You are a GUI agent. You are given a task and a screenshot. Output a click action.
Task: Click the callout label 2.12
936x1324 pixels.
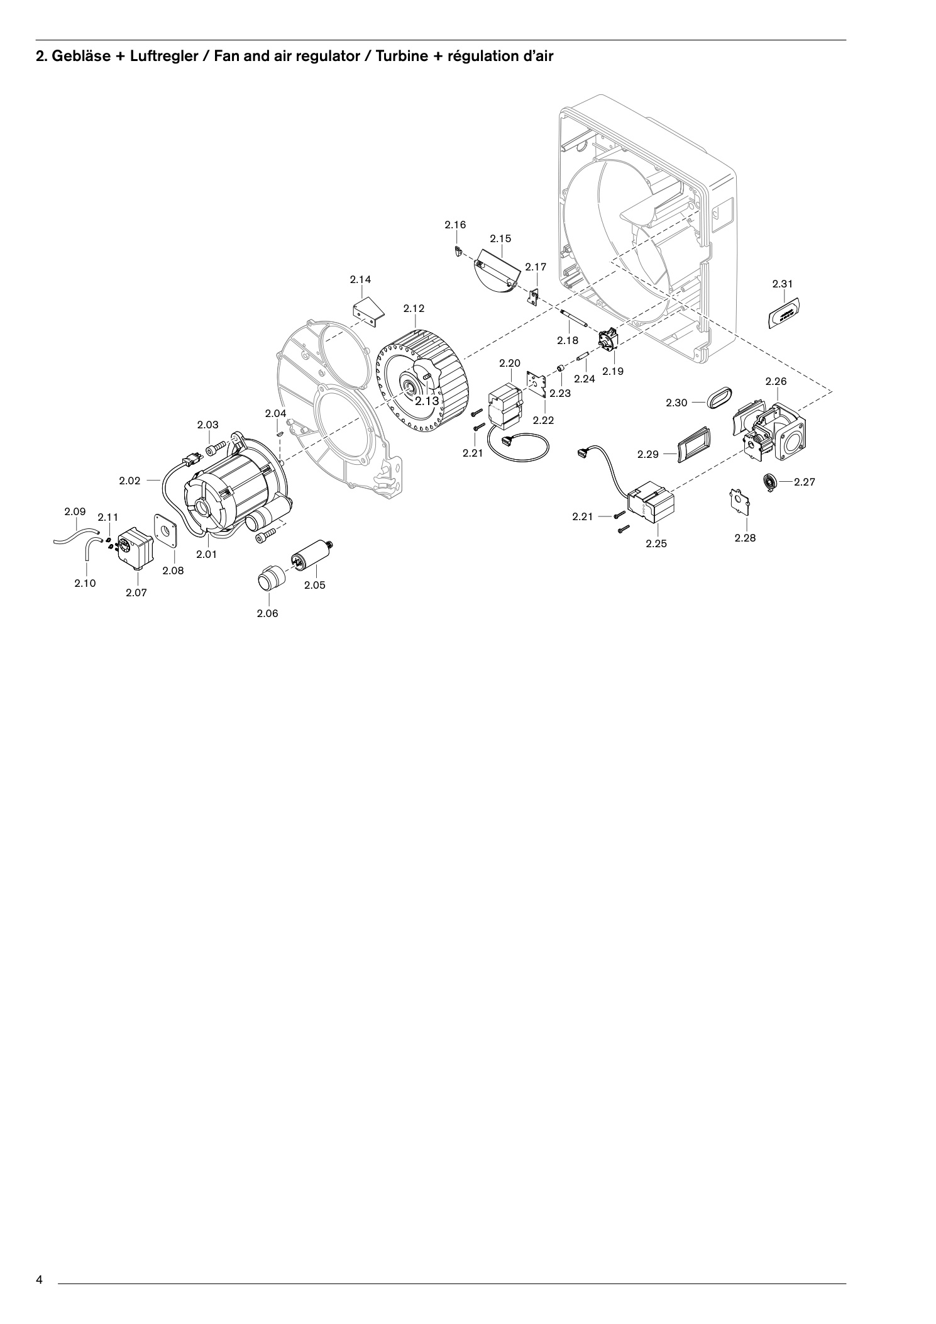click(x=414, y=308)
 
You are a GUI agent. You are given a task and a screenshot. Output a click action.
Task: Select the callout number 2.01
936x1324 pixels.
click(x=206, y=554)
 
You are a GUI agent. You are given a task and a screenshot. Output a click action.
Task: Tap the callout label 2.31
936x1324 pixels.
click(x=783, y=284)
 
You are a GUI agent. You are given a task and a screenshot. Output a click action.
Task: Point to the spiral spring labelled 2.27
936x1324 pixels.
click(x=771, y=482)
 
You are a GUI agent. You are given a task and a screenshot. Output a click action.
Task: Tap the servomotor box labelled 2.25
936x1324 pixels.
click(x=651, y=503)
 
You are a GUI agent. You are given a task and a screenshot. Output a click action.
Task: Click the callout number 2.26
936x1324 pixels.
click(x=776, y=381)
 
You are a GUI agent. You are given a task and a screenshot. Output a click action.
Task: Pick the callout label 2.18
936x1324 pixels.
click(x=568, y=340)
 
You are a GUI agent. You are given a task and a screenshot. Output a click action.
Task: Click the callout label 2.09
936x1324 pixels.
click(x=75, y=511)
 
